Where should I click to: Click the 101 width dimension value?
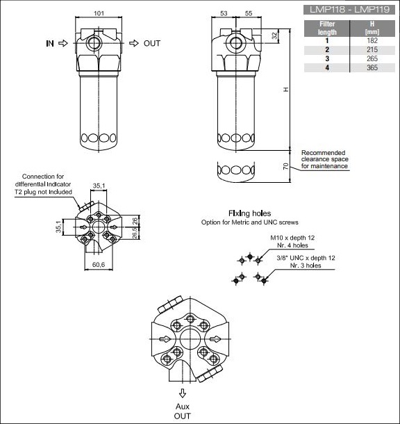point(99,13)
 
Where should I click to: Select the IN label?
point(50,43)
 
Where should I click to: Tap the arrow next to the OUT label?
point(134,43)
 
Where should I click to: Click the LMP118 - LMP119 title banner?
point(349,10)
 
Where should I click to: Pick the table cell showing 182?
point(372,40)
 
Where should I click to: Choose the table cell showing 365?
point(372,67)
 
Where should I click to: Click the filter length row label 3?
point(327,58)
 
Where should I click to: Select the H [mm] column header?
point(372,28)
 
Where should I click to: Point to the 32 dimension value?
point(274,35)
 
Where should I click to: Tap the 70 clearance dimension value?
point(285,166)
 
